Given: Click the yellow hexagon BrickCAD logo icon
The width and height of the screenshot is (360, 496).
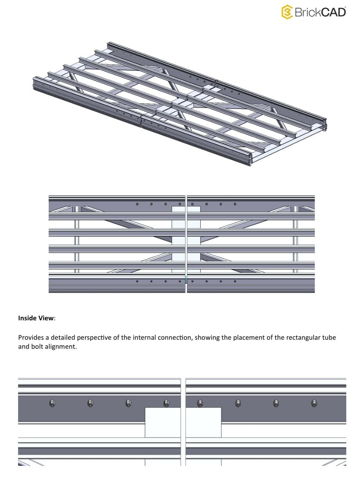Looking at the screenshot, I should click(x=287, y=12).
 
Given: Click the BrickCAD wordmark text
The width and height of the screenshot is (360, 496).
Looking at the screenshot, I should click(x=320, y=12).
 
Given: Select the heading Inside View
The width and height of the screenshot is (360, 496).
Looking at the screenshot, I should click(x=37, y=318).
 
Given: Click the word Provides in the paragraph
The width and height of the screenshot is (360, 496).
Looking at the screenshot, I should click(x=31, y=337).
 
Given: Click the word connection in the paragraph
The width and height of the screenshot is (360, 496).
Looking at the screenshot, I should click(x=175, y=337).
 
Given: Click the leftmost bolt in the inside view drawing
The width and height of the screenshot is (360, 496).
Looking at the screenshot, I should click(x=52, y=403).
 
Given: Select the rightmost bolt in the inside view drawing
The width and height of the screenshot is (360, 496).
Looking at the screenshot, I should click(x=314, y=403).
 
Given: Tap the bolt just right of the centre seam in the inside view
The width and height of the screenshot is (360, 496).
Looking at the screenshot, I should click(x=199, y=403).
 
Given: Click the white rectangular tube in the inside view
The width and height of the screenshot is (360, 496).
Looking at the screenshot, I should click(x=163, y=422).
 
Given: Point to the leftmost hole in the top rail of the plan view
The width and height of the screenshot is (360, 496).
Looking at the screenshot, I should click(x=137, y=204).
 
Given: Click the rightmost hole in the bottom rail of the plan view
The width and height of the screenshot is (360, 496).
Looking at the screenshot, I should click(x=235, y=282).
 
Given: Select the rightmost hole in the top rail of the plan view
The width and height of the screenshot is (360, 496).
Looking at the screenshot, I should click(x=235, y=204).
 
